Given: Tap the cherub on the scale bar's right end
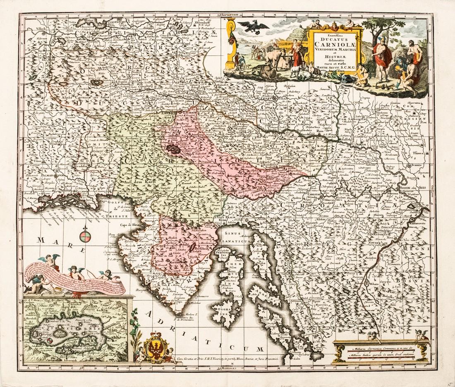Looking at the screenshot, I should click(x=421, y=335).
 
